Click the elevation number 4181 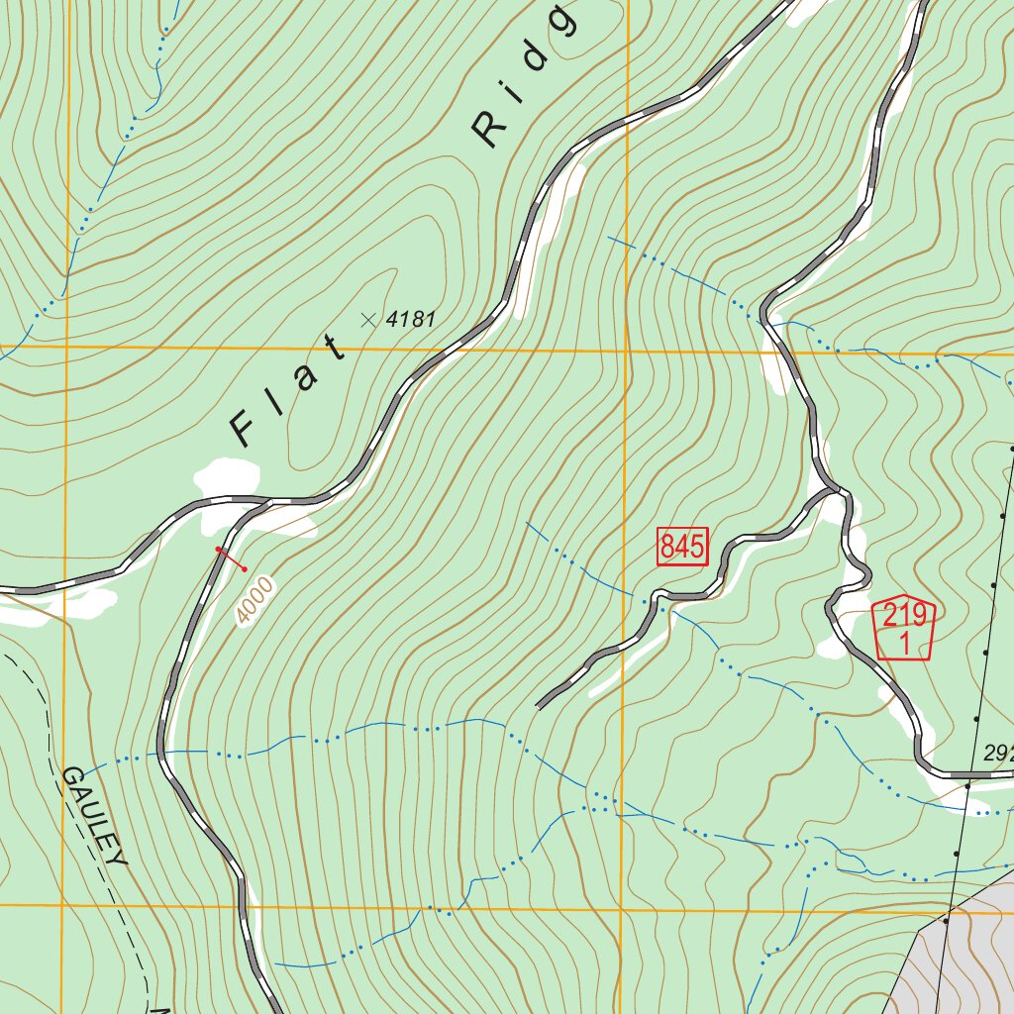click(411, 319)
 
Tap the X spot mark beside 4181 click(369, 319)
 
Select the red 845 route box click(683, 547)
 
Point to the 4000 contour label click(253, 600)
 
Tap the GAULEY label click(95, 816)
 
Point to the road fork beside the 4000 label click(265, 502)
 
